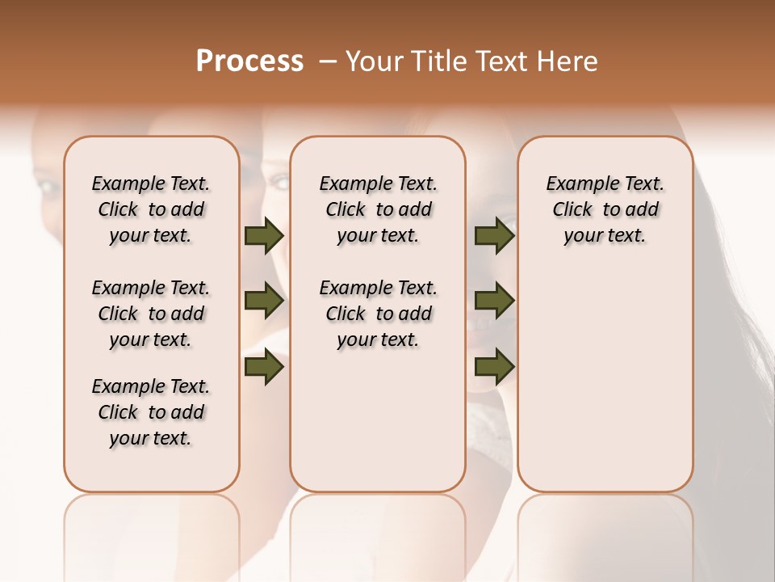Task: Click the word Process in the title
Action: [249, 61]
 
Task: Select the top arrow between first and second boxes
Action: [264, 236]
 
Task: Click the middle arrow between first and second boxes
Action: [264, 302]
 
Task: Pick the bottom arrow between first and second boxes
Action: [264, 366]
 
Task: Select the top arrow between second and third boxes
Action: [494, 236]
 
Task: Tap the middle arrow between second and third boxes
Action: [494, 302]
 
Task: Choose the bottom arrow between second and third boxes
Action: [494, 366]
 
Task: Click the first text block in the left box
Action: [151, 209]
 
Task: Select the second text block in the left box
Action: [151, 314]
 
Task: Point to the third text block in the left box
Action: [151, 412]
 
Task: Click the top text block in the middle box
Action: [378, 209]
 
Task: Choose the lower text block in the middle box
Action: [378, 314]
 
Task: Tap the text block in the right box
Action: [605, 209]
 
